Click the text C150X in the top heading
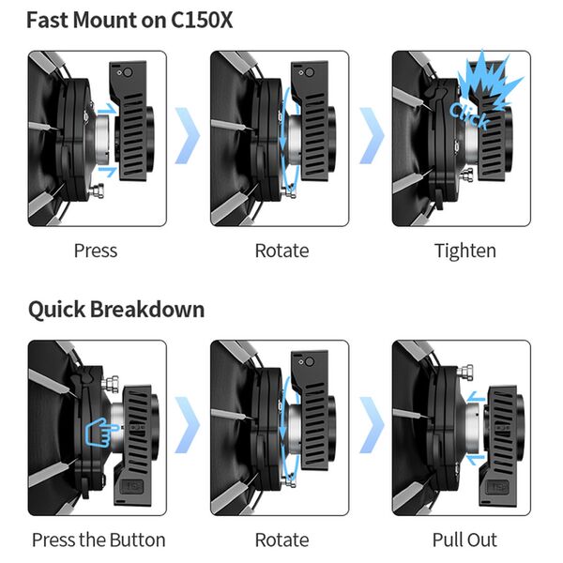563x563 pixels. click(202, 20)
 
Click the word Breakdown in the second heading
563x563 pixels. click(147, 309)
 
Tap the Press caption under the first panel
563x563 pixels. click(96, 251)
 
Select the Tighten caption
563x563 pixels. click(465, 251)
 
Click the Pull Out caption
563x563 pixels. click(464, 540)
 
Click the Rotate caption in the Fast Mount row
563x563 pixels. click(281, 251)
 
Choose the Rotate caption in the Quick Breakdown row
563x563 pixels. click(281, 540)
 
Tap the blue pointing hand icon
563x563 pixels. click(100, 433)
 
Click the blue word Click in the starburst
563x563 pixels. click(469, 114)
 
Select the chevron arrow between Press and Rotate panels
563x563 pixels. click(187, 135)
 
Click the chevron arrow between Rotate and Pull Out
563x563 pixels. click(372, 425)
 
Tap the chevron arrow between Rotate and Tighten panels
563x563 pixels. click(372, 135)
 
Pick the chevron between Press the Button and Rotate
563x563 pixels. click(187, 425)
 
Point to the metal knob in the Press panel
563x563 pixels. click(98, 190)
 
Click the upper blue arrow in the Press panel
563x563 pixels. click(107, 108)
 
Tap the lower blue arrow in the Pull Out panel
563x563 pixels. click(476, 459)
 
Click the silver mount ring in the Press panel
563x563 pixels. click(102, 139)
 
